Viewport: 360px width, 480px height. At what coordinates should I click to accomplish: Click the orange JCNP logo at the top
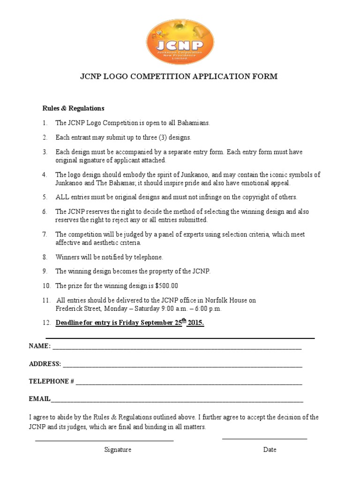[180, 42]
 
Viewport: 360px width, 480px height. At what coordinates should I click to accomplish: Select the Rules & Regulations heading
[74, 108]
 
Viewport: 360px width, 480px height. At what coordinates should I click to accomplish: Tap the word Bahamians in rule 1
[193, 123]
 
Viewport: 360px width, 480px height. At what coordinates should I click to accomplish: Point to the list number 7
[45, 234]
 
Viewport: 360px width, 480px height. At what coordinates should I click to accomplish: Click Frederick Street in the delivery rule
[78, 309]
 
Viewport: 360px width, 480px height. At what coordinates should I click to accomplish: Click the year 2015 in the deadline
[195, 323]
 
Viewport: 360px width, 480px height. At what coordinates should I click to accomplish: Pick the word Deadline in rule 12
[70, 323]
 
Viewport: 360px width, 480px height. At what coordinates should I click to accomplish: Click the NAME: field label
[40, 346]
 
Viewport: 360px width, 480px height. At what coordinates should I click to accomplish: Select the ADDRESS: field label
[45, 364]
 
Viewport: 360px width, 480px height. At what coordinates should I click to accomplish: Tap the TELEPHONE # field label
[51, 382]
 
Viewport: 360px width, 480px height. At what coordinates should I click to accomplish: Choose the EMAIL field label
[40, 399]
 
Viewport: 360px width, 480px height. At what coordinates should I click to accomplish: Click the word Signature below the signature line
[118, 450]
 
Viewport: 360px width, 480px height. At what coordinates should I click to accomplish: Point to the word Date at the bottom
[270, 450]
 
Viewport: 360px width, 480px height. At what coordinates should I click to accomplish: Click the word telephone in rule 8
[147, 257]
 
